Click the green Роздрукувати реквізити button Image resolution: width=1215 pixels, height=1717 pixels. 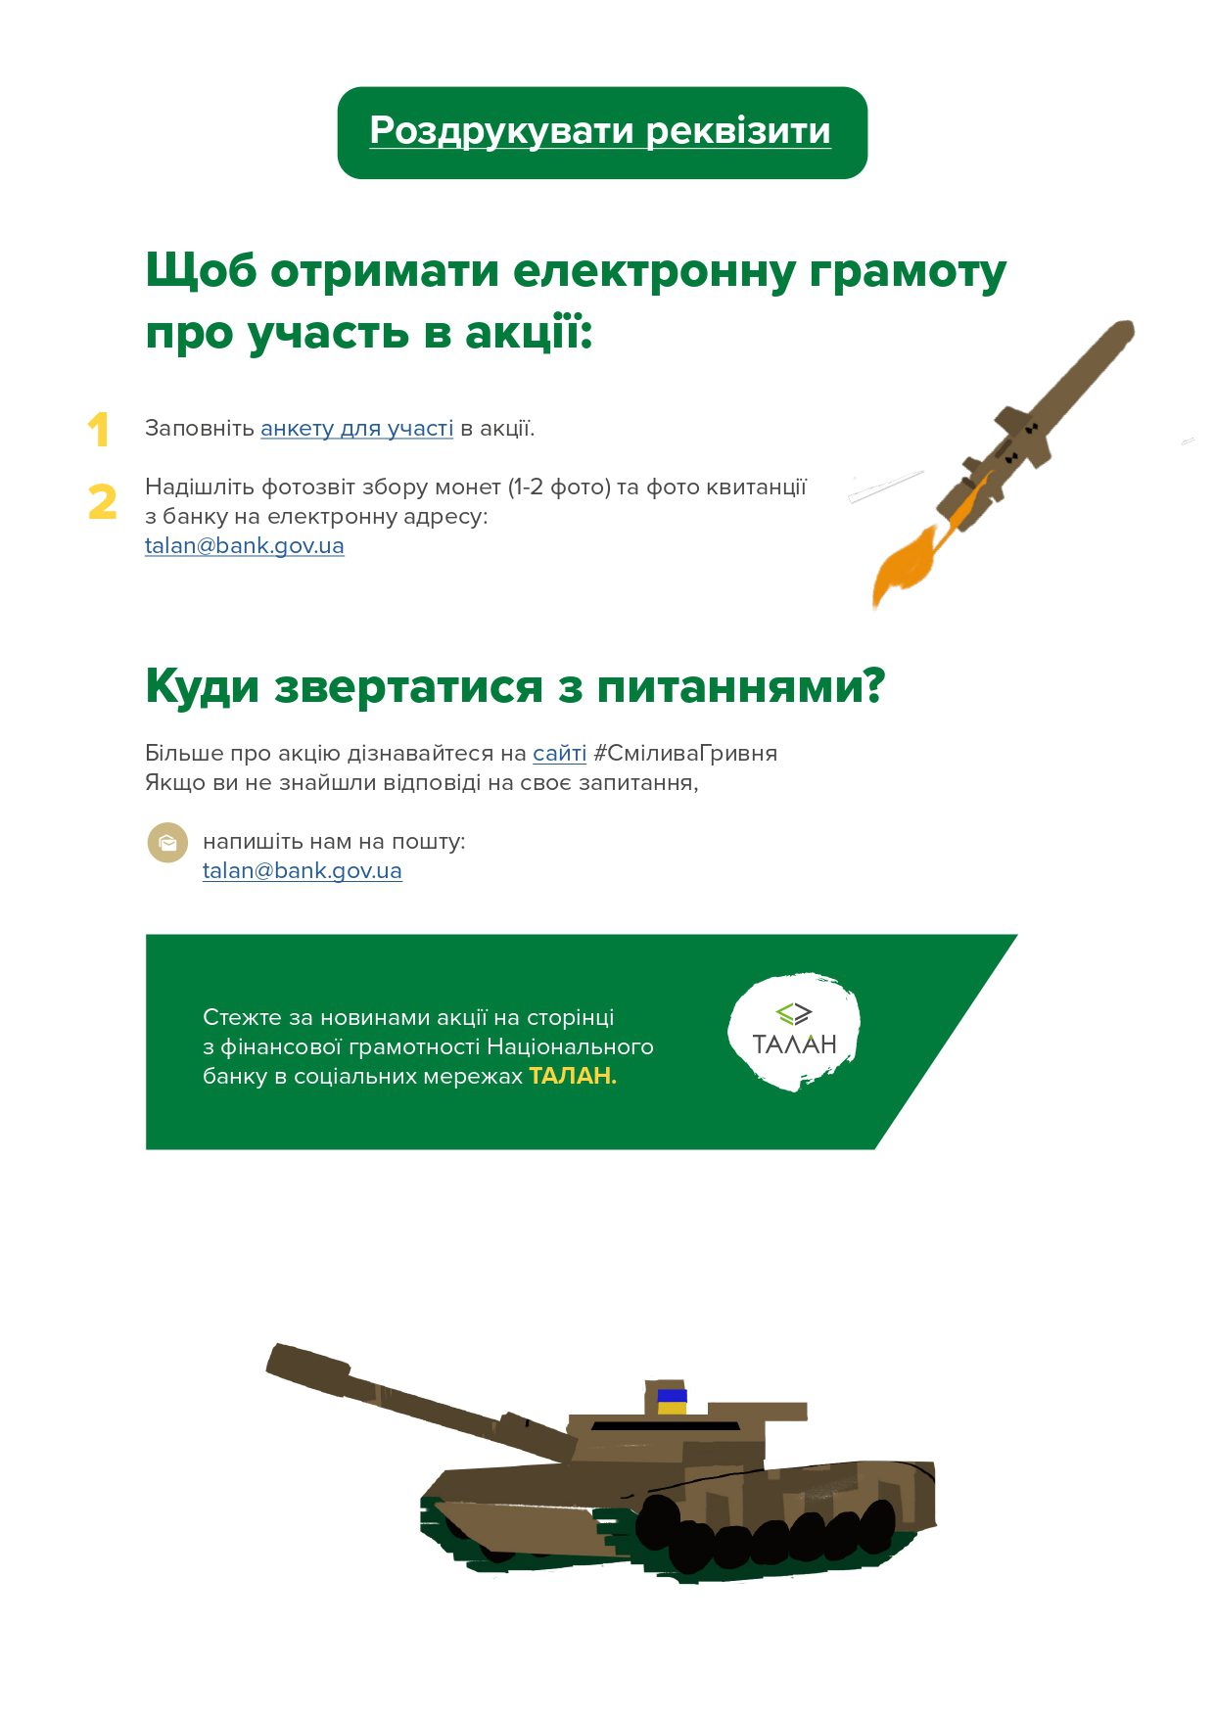(x=602, y=133)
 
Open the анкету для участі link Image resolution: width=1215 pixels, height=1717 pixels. (x=356, y=429)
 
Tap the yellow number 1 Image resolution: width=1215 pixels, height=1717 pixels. (x=98, y=430)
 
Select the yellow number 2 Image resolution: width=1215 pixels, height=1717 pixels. (x=102, y=502)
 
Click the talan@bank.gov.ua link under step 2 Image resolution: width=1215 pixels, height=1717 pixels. (x=245, y=546)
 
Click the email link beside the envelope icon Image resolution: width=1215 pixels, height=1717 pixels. (x=303, y=871)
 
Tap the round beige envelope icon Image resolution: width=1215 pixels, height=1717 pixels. (x=167, y=843)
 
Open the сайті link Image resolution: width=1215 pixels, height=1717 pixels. (x=560, y=754)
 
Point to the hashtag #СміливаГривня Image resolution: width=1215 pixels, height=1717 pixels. (x=685, y=754)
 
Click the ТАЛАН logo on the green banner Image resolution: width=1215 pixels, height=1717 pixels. (x=794, y=1032)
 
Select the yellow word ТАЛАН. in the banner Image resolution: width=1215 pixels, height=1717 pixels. (x=573, y=1076)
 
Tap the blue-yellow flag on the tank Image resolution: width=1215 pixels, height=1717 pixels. (x=672, y=1402)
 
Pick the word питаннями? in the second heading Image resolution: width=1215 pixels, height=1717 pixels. (x=741, y=686)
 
